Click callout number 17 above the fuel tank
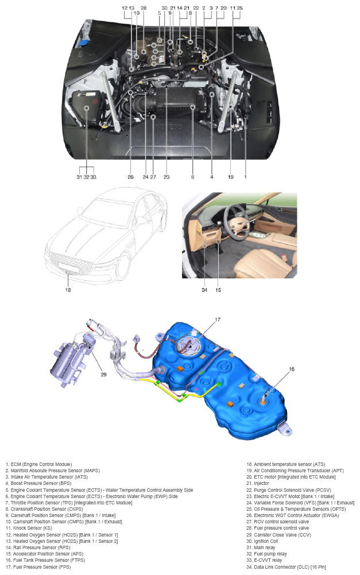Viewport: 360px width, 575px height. click(x=217, y=320)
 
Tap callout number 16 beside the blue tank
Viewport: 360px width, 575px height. click(x=291, y=369)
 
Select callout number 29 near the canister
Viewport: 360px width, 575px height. click(x=103, y=374)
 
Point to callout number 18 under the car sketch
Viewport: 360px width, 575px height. click(x=68, y=290)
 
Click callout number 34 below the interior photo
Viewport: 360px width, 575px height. click(x=204, y=290)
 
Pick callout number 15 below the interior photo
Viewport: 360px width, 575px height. click(x=218, y=290)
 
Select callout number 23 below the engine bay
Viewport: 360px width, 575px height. click(x=167, y=177)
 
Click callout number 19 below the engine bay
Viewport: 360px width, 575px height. click(x=230, y=177)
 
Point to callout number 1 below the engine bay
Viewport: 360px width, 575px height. click(x=246, y=177)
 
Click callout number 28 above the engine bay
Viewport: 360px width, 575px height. click(x=144, y=7)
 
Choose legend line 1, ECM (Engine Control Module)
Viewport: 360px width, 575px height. click(x=39, y=464)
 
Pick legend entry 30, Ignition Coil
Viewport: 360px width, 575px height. click(x=262, y=541)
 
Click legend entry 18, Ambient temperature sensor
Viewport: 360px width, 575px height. click(x=286, y=464)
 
